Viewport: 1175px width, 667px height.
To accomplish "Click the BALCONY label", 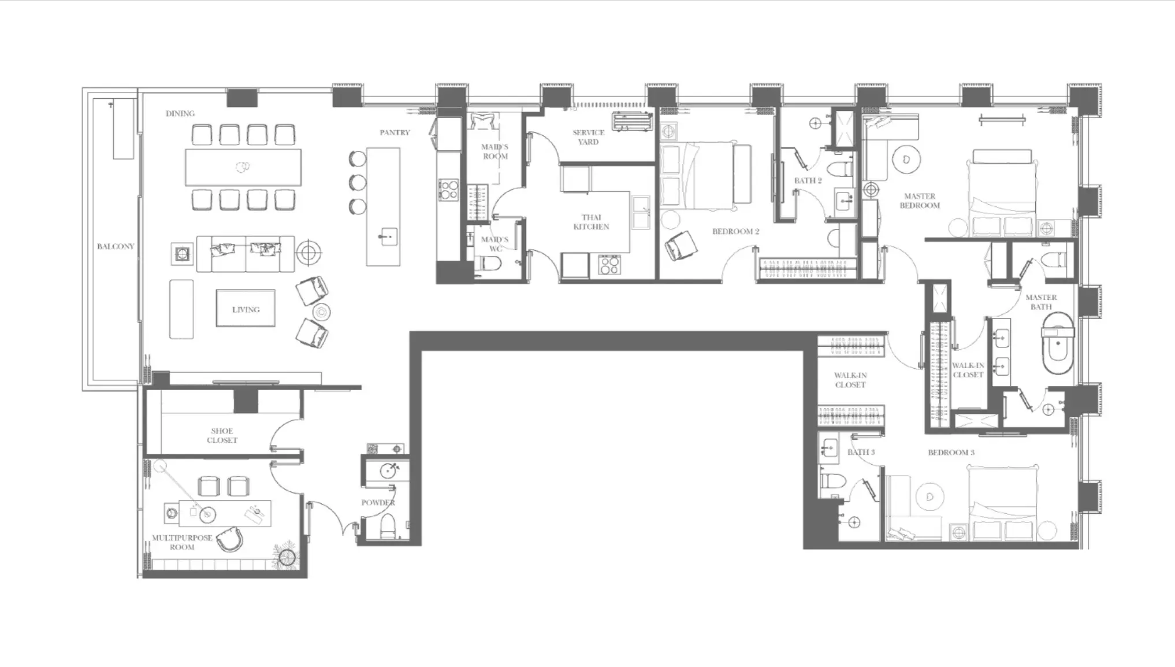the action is click(x=116, y=246).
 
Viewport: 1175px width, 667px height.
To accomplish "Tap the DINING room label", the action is click(x=180, y=113).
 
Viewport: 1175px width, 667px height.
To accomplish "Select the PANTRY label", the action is click(x=395, y=132).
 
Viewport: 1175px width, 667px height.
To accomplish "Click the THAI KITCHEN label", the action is click(x=591, y=222).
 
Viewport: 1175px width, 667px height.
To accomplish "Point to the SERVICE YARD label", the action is click(x=588, y=137).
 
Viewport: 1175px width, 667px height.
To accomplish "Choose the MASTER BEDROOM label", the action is click(x=920, y=201).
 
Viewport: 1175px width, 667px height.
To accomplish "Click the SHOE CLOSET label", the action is click(x=222, y=435).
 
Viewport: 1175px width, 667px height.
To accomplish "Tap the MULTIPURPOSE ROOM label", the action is click(x=182, y=542).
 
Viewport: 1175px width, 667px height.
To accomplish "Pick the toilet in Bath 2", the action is click(x=841, y=169).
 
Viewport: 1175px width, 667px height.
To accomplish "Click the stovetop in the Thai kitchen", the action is click(x=609, y=265).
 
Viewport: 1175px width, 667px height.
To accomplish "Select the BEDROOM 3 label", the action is click(x=951, y=452).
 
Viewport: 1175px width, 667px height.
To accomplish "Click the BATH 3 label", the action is click(x=861, y=452).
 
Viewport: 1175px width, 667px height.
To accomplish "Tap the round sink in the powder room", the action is click(x=389, y=470).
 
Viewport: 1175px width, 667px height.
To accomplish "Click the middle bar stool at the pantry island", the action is click(x=358, y=182).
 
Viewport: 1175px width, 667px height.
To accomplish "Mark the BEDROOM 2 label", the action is click(x=735, y=231).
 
